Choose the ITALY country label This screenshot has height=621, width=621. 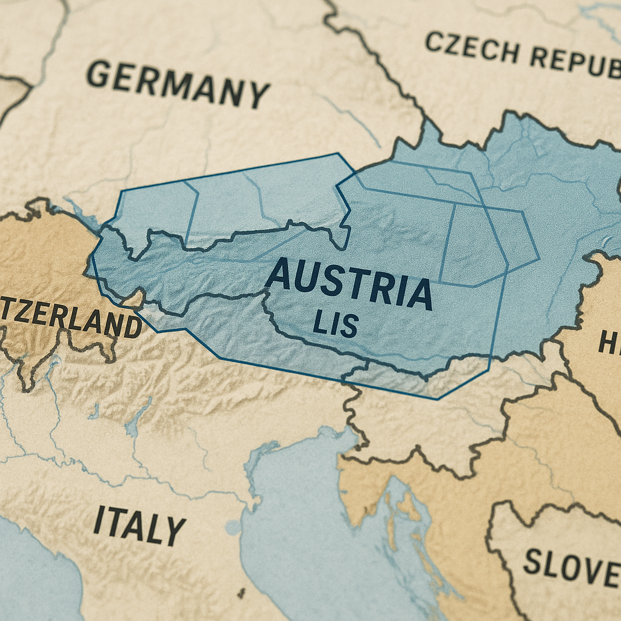click(139, 525)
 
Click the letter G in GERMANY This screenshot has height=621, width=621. click(99, 75)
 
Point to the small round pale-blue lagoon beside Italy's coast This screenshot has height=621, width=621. click(233, 527)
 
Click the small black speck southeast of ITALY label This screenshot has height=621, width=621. click(241, 592)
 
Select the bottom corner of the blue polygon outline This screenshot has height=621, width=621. click(437, 399)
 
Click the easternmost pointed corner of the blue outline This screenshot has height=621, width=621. click(539, 260)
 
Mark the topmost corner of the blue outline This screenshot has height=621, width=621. click(337, 153)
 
